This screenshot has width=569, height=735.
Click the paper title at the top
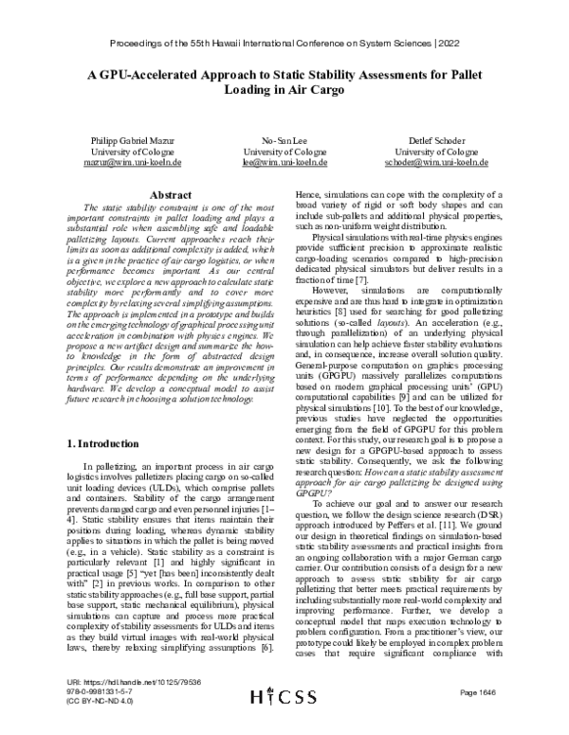[x=284, y=83]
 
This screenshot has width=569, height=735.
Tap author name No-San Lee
[x=284, y=139]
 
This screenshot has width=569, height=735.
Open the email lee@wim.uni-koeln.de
[x=284, y=162]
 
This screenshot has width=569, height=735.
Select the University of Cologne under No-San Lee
[x=284, y=151]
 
